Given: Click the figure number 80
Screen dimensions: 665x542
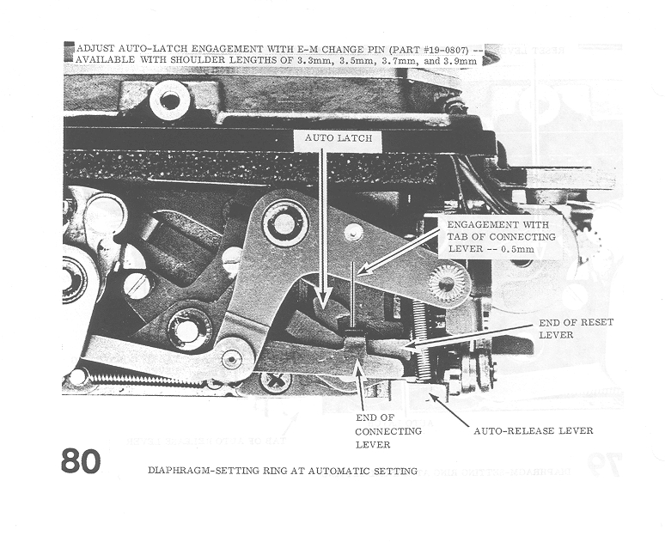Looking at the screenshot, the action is [81, 460].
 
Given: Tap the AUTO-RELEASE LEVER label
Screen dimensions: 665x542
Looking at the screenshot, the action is [533, 431].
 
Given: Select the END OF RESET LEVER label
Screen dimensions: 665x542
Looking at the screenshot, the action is [576, 328].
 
